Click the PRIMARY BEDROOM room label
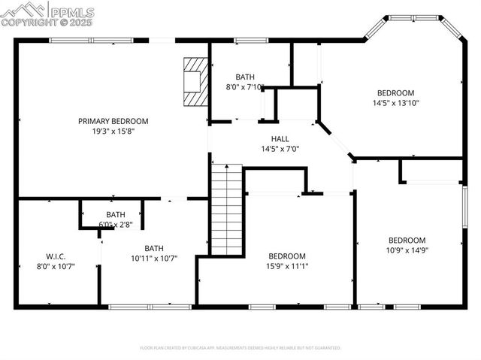point(113,121)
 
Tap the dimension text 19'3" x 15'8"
point(113,131)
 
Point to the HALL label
point(280,139)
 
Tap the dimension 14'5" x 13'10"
point(396,103)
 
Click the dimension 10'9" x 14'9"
point(407,250)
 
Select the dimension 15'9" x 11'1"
point(286,265)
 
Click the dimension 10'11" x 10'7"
point(154,259)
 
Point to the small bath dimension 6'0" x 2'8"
point(116,224)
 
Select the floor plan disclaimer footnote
point(240,348)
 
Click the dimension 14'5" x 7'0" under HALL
point(280,149)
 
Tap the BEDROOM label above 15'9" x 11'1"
point(286,256)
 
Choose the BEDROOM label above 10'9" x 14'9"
point(407,241)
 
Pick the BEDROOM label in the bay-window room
point(395,93)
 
